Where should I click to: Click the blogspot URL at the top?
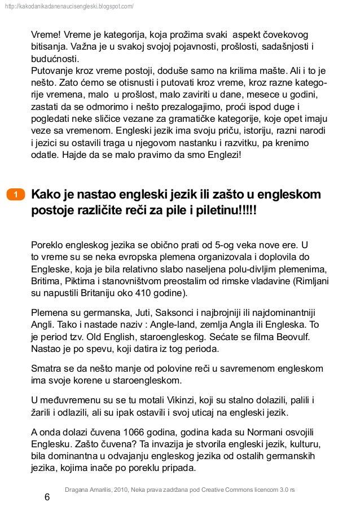coord(68,6)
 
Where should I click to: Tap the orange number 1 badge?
coord(16,195)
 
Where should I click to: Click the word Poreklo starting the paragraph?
coord(47,245)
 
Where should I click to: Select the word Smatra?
coord(45,369)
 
